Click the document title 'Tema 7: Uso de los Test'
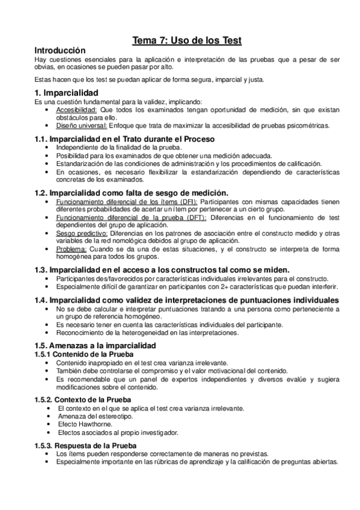[187, 41]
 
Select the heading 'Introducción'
[60, 51]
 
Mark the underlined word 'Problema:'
[70, 248]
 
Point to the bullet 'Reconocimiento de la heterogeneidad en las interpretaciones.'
[148, 333]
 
